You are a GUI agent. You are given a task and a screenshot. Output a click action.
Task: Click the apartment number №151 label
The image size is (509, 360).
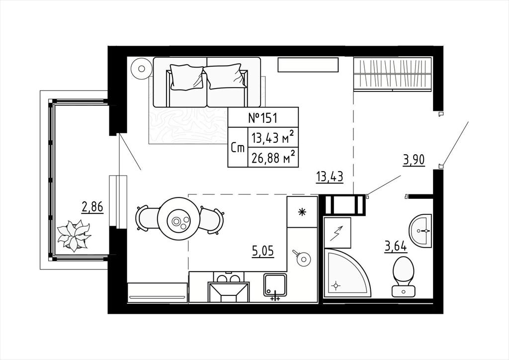coord(263,117)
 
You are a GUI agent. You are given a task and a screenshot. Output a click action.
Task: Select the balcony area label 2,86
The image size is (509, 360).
coord(92,207)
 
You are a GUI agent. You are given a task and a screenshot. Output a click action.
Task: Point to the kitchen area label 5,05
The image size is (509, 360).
coord(263,251)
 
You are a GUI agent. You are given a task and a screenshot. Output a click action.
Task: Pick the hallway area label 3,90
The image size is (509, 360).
coord(414,160)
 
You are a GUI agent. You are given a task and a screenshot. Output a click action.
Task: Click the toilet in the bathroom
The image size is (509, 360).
coord(404,276)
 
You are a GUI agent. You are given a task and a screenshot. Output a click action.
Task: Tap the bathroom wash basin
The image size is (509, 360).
coord(421,231)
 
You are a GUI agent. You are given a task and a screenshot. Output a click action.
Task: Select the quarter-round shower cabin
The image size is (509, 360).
coord(347,273)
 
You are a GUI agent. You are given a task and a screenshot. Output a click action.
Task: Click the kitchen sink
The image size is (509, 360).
coord(275,285)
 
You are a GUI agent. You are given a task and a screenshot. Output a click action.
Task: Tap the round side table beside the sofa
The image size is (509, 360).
coord(142,68)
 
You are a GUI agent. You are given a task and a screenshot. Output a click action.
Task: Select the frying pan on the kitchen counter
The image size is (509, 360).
coord(302,258)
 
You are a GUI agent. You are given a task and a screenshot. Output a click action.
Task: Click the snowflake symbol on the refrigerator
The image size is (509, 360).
coord(302,212)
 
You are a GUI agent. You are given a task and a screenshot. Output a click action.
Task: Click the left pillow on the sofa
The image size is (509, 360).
coord(187,77)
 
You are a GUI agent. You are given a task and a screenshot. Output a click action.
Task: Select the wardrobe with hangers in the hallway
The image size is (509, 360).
coord(393,74)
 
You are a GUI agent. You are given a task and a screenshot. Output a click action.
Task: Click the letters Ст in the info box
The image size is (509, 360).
coord(238,148)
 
